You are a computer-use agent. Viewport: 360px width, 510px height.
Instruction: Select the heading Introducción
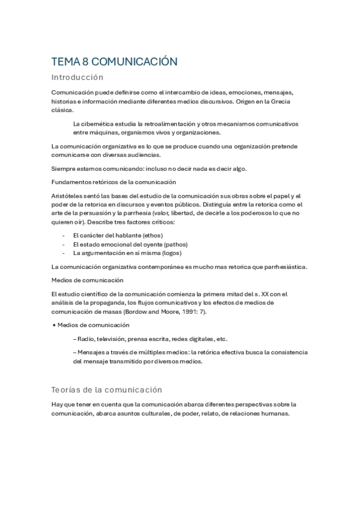pyautogui.click(x=78, y=78)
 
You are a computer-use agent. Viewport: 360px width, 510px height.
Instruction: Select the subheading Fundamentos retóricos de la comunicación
pyautogui.click(x=114, y=182)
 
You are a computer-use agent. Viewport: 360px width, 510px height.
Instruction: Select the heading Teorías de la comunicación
pyautogui.click(x=106, y=390)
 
